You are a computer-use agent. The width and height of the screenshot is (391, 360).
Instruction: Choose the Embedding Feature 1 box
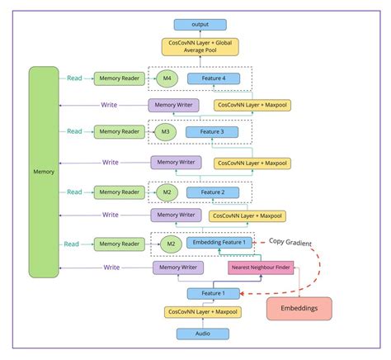pos(219,244)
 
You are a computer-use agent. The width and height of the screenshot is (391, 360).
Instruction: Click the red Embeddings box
pos(299,308)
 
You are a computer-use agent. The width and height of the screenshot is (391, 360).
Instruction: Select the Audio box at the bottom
pos(201,334)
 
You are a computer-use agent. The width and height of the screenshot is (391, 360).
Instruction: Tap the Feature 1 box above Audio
pos(212,292)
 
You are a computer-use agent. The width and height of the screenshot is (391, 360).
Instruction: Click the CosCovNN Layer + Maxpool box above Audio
pos(201,313)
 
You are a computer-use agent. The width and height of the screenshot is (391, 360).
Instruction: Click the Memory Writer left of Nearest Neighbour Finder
pos(179,268)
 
